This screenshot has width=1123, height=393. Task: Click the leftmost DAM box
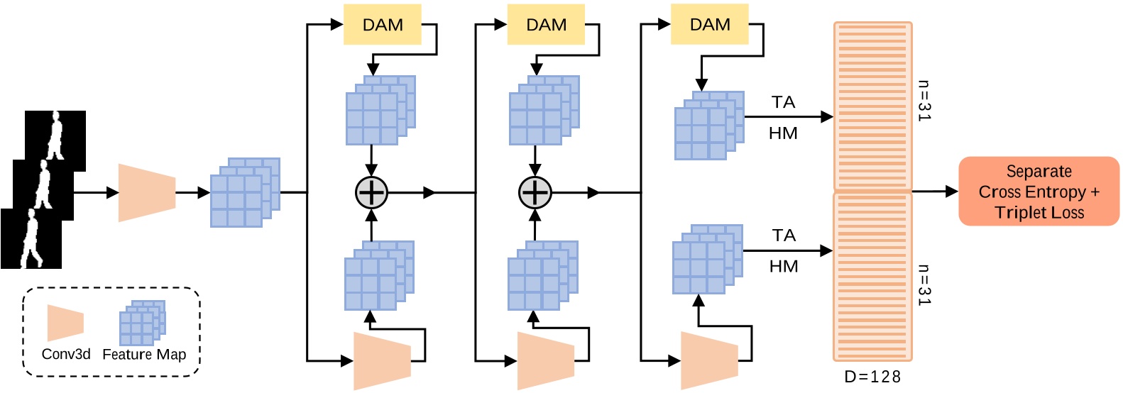point(382,25)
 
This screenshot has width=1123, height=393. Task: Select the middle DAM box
point(546,25)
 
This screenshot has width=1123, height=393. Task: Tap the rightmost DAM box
point(709,25)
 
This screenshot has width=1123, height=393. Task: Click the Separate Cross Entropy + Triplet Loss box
point(1039,192)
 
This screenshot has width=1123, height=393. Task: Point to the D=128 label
point(872,377)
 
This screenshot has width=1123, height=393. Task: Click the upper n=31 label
point(924,101)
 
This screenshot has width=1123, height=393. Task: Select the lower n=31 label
point(924,285)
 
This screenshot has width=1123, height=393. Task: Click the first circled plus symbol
point(371,192)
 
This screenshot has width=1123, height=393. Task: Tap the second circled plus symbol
point(535,192)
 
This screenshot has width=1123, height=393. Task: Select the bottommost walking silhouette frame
point(31,239)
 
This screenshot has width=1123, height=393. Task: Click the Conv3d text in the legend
point(66,354)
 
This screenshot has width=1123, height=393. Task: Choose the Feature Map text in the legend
point(144,354)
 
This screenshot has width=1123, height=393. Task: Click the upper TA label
point(783,102)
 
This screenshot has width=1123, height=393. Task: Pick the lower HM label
point(783,267)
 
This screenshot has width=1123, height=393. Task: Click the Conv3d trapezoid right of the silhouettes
point(146,192)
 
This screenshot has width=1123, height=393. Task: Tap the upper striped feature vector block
point(872,106)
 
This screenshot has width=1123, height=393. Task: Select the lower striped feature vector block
point(872,277)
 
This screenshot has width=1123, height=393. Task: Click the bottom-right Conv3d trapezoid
point(709,360)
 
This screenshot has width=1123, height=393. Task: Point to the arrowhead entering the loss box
point(953,191)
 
